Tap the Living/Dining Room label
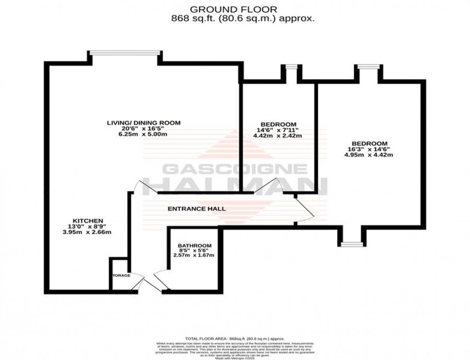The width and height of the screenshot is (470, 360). coord(143,123)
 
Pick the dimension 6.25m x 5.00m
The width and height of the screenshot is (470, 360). coord(143,135)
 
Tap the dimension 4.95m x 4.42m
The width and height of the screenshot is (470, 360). coord(369,155)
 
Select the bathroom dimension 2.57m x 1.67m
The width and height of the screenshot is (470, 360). coord(193,255)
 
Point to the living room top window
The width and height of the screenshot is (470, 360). coord(124,53)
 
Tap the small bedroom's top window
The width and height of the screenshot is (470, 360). coord(291,67)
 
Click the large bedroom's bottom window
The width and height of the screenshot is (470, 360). coord(352,244)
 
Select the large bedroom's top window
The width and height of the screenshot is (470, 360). coord(368,67)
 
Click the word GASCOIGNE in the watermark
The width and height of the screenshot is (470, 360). coord(235,170)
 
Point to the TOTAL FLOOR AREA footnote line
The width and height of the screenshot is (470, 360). coord(235,338)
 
